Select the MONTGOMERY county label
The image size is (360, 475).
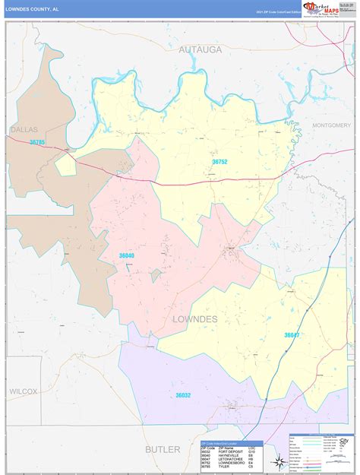(x=332, y=125)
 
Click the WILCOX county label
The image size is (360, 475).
(x=24, y=391)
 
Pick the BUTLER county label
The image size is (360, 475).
(x=163, y=449)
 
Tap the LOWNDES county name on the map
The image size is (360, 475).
(x=195, y=318)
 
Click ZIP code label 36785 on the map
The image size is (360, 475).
(x=37, y=142)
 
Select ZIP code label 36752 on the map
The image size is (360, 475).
(x=219, y=161)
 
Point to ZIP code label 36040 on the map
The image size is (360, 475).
(x=126, y=255)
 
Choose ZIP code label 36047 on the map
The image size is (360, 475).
(x=292, y=334)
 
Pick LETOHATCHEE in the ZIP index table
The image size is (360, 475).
(x=231, y=458)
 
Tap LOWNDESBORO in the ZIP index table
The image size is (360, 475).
(x=232, y=463)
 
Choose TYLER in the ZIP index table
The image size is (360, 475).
(x=225, y=467)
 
